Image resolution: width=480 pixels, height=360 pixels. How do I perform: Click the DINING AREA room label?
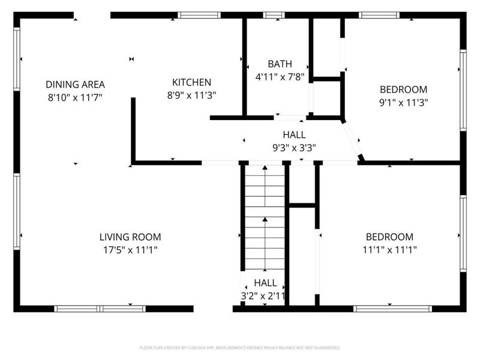point(75,85)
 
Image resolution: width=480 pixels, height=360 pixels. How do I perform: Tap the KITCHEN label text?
point(191,82)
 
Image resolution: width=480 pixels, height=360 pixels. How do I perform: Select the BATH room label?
point(280,64)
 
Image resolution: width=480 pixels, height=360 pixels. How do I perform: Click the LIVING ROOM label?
point(130,237)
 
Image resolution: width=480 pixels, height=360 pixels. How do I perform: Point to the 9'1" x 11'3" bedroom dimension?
point(403,102)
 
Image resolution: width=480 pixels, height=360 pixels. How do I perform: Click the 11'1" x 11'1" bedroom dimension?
point(389,249)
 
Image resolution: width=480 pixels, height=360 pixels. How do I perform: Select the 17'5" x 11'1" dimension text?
point(130,249)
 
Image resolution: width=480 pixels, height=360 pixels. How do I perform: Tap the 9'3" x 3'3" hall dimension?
point(294,147)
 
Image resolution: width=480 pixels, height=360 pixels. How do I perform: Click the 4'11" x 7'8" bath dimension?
point(280,76)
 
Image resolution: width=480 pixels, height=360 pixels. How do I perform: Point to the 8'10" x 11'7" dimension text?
point(75,97)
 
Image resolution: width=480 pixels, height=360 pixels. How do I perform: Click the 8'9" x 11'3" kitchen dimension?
point(191,95)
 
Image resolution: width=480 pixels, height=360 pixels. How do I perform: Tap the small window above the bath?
point(274,15)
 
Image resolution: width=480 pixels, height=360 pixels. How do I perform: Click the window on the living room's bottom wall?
point(100,309)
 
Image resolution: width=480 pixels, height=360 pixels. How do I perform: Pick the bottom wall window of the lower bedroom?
point(392,309)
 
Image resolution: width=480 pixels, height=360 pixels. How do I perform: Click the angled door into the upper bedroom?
point(352,139)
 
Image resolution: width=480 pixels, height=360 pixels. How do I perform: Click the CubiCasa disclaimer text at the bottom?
point(240,347)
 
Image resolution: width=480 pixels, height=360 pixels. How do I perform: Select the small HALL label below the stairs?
point(265,283)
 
